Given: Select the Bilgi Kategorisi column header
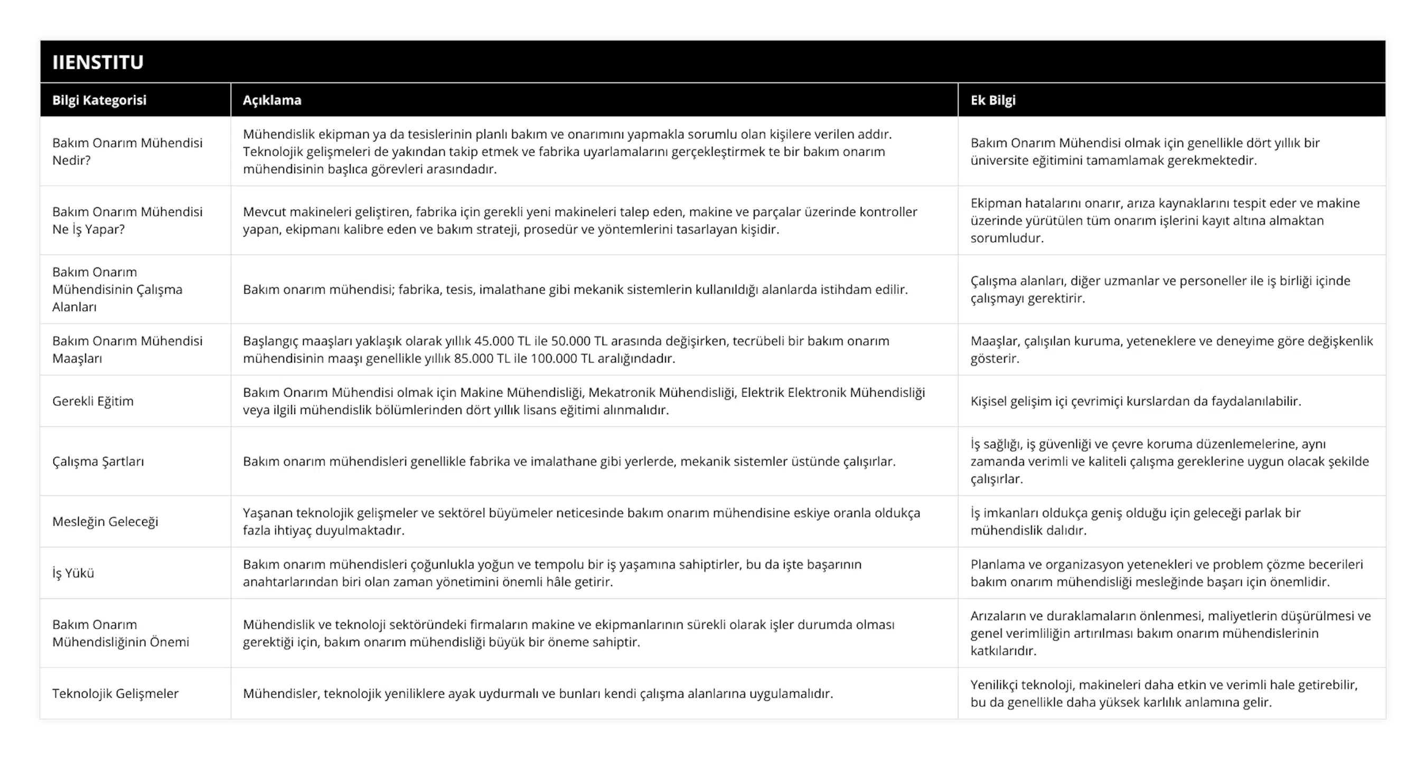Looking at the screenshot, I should pyautogui.click(x=99, y=100).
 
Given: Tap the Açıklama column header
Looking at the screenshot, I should pyautogui.click(x=272, y=100).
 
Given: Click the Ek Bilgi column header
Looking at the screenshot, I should pyautogui.click(x=992, y=100).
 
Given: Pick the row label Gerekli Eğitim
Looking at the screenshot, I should pyautogui.click(x=93, y=401).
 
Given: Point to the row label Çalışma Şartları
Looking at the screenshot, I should pyautogui.click(x=98, y=461).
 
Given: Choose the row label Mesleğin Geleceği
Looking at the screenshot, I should pyautogui.click(x=105, y=521).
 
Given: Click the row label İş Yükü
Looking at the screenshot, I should pyautogui.click(x=73, y=573).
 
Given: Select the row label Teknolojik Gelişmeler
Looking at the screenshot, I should pyautogui.click(x=115, y=693).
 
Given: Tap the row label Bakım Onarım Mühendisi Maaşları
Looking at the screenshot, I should pyautogui.click(x=127, y=349).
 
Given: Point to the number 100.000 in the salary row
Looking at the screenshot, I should pyautogui.click(x=554, y=358).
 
